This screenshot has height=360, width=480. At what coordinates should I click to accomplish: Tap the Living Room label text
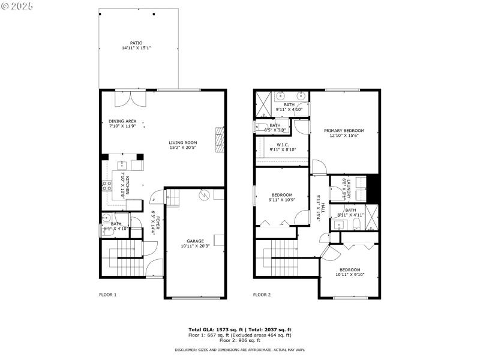182,142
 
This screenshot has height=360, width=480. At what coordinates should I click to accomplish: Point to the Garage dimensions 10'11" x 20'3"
195,246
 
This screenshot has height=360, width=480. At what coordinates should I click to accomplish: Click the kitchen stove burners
109,186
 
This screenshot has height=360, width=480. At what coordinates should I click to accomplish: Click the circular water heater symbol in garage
203,194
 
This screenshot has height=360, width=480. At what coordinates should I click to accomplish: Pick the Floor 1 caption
107,295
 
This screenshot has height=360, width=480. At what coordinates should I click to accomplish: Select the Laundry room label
347,188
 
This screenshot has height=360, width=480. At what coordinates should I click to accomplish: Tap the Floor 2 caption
262,295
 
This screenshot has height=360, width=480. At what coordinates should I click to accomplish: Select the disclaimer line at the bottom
240,349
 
